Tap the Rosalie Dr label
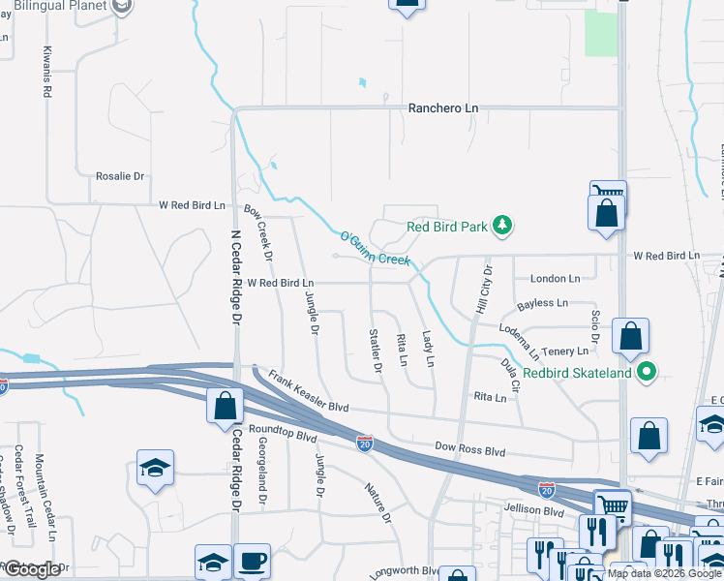119,176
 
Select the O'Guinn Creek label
375,248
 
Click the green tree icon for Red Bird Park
501,227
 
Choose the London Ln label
555,278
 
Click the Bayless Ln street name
542,303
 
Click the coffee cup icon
252,561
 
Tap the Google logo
32,569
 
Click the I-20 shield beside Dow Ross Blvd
364,443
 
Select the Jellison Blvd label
533,510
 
